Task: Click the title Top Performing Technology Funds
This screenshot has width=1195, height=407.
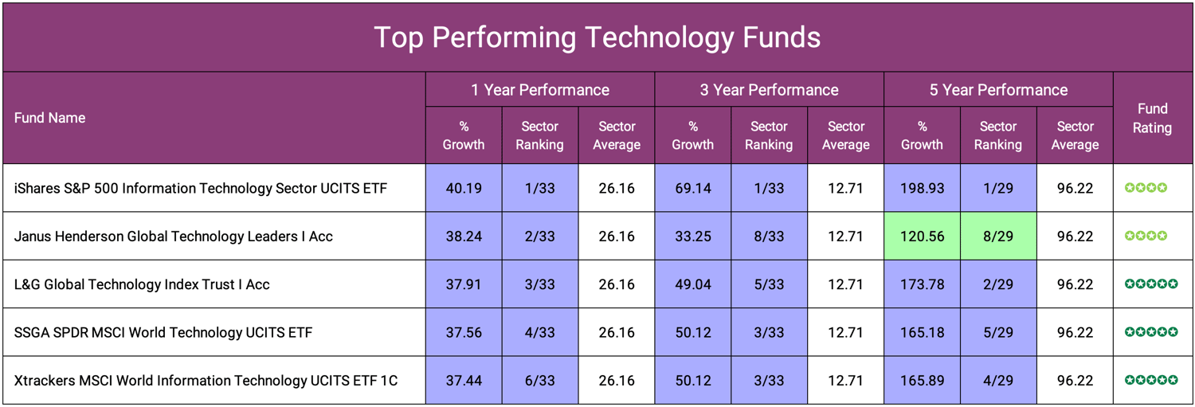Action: click(x=597, y=37)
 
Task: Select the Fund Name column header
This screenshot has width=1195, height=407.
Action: click(x=49, y=118)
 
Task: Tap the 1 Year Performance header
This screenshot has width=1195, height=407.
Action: click(x=539, y=90)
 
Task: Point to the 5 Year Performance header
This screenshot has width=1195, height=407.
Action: click(x=997, y=90)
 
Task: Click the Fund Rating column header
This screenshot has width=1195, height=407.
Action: click(x=1152, y=118)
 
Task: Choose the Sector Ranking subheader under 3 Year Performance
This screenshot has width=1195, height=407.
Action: click(x=769, y=135)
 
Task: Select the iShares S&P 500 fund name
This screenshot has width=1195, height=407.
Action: click(x=200, y=188)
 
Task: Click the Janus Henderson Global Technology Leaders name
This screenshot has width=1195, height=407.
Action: click(x=173, y=236)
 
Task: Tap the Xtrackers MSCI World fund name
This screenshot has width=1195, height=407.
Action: click(x=206, y=381)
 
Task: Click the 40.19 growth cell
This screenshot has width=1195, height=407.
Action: click(x=463, y=188)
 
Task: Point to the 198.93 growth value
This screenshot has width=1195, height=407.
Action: click(x=922, y=188)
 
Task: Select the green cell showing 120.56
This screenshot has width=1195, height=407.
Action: click(x=922, y=236)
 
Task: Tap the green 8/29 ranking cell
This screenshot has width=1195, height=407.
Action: click(x=998, y=236)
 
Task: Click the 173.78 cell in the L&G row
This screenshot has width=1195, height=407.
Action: click(x=922, y=284)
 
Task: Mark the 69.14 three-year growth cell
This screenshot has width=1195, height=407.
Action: click(x=692, y=188)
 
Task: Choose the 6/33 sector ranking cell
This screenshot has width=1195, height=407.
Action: click(x=539, y=381)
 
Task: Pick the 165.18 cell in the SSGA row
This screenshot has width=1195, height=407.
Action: click(x=922, y=332)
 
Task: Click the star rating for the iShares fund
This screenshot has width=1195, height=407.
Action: click(x=1146, y=188)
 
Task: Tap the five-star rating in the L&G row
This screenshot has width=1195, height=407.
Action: click(x=1151, y=284)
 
